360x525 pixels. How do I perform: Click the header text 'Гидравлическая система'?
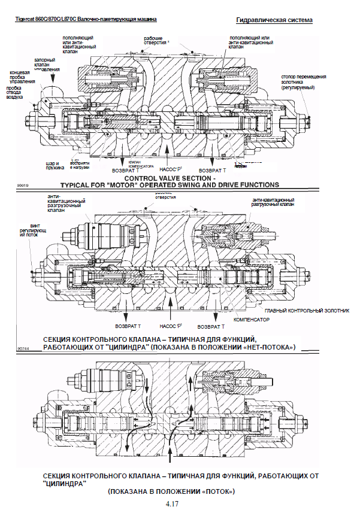[x=274, y=20]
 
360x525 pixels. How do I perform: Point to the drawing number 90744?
[x=23, y=347]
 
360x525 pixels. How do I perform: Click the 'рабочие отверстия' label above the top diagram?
[x=156, y=41]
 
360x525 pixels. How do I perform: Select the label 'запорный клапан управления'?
[x=46, y=65]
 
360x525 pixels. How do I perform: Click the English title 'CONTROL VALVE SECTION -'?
[x=170, y=178]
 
